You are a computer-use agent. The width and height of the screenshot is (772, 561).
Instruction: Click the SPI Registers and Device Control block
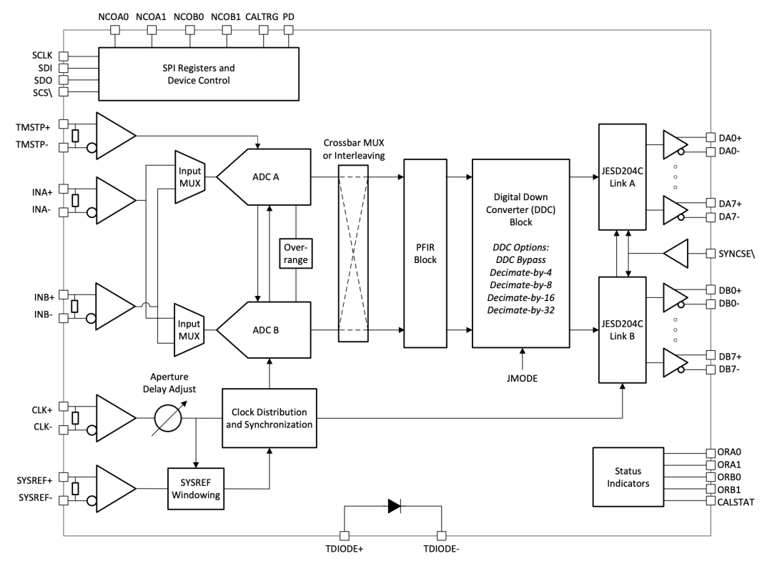199,74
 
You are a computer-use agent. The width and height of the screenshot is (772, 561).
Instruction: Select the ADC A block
264,177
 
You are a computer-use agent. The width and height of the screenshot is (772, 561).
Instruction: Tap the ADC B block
264,329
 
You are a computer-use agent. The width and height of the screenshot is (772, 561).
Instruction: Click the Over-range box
295,254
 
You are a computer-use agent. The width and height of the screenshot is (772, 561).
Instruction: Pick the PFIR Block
425,254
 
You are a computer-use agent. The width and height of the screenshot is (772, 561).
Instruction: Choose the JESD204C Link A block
623,177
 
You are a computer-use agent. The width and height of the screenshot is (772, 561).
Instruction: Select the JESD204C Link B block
623,329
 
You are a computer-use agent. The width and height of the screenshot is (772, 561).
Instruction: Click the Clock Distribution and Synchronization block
269,418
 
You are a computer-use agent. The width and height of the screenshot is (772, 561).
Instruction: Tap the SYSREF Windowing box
196,489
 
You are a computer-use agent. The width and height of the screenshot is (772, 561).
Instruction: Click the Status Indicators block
628,477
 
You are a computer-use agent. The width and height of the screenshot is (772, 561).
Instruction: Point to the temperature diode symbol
395,506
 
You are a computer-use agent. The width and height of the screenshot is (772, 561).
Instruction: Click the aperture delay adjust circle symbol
168,418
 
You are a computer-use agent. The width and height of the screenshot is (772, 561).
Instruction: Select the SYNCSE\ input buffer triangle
675,254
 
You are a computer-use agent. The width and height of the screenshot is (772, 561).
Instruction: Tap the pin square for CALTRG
263,30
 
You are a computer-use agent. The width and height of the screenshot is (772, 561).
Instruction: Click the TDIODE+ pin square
345,535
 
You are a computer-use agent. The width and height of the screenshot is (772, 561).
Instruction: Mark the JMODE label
522,379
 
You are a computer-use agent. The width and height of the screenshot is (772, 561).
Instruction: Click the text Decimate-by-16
521,298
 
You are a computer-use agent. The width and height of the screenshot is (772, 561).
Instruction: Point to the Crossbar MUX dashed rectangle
354,254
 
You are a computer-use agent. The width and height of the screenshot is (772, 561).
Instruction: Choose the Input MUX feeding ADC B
189,329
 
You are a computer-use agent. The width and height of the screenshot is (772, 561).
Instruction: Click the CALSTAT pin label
736,502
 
